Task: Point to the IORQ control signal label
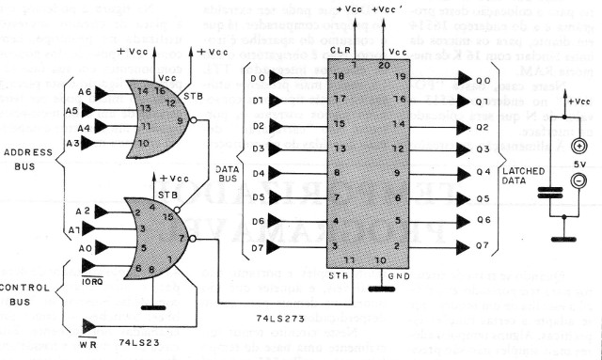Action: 92,279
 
